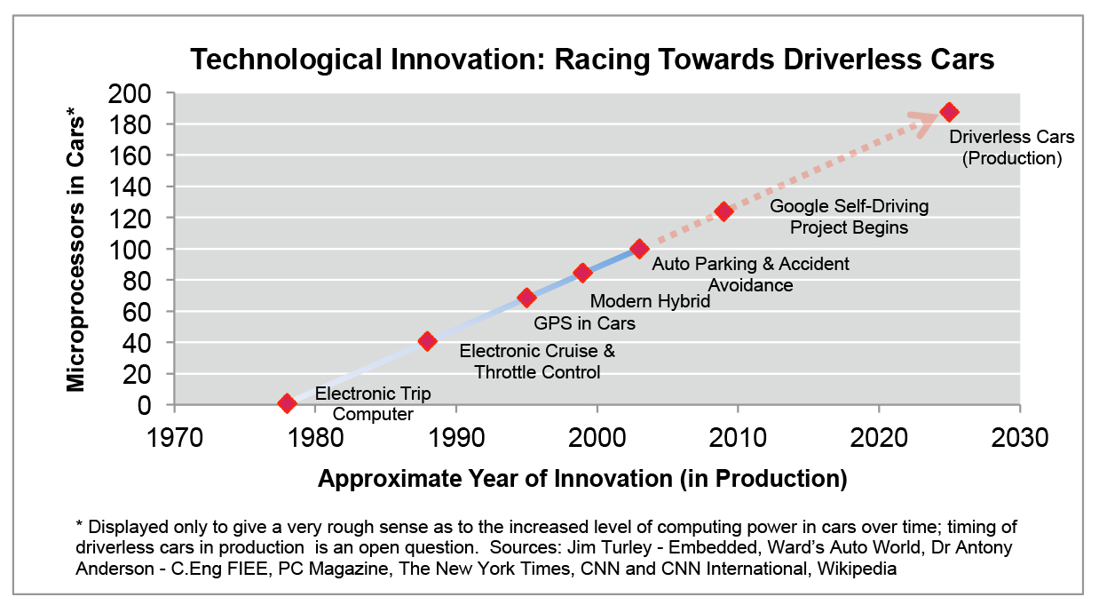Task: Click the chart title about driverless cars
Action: (x=592, y=60)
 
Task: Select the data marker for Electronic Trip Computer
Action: (x=287, y=403)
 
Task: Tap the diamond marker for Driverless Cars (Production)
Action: (x=949, y=112)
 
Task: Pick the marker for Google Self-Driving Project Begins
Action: (x=723, y=211)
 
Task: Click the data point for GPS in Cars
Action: (x=526, y=297)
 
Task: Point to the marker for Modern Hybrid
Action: (x=582, y=273)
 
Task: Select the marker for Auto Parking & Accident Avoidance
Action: (x=639, y=249)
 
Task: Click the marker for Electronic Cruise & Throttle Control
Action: (x=427, y=341)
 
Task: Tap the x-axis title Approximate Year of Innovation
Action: (x=582, y=479)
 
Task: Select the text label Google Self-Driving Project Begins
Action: (x=849, y=217)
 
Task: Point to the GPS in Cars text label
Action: (x=584, y=323)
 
